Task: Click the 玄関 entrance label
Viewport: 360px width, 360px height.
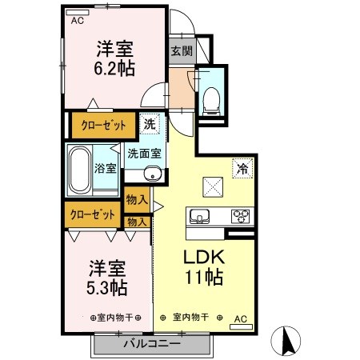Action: [181, 50]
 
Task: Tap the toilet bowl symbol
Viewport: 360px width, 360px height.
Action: [212, 97]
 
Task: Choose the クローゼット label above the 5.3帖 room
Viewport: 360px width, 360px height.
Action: [90, 214]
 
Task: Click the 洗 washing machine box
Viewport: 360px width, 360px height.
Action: [150, 124]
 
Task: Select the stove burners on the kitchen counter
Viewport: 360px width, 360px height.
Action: [240, 215]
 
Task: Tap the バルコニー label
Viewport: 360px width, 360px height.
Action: [151, 345]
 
